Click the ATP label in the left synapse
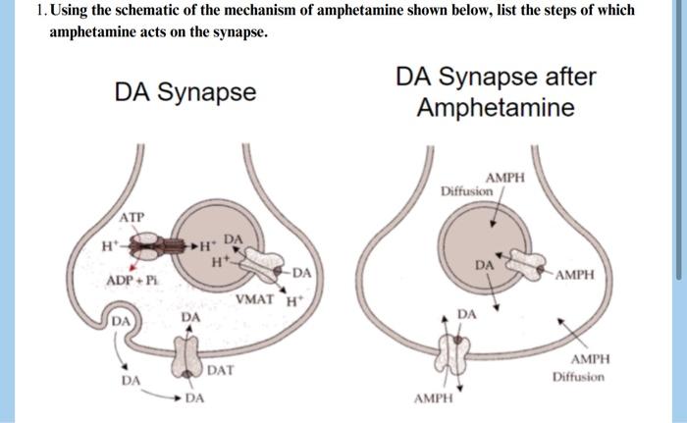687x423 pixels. tap(132, 216)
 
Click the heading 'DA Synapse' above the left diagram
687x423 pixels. tap(185, 92)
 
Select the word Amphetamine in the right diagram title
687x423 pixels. tap(496, 107)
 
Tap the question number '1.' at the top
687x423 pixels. tap(36, 11)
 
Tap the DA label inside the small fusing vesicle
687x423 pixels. tap(121, 323)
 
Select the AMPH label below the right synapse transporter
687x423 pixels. tap(433, 399)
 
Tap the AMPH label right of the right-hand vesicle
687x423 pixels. tap(574, 275)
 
